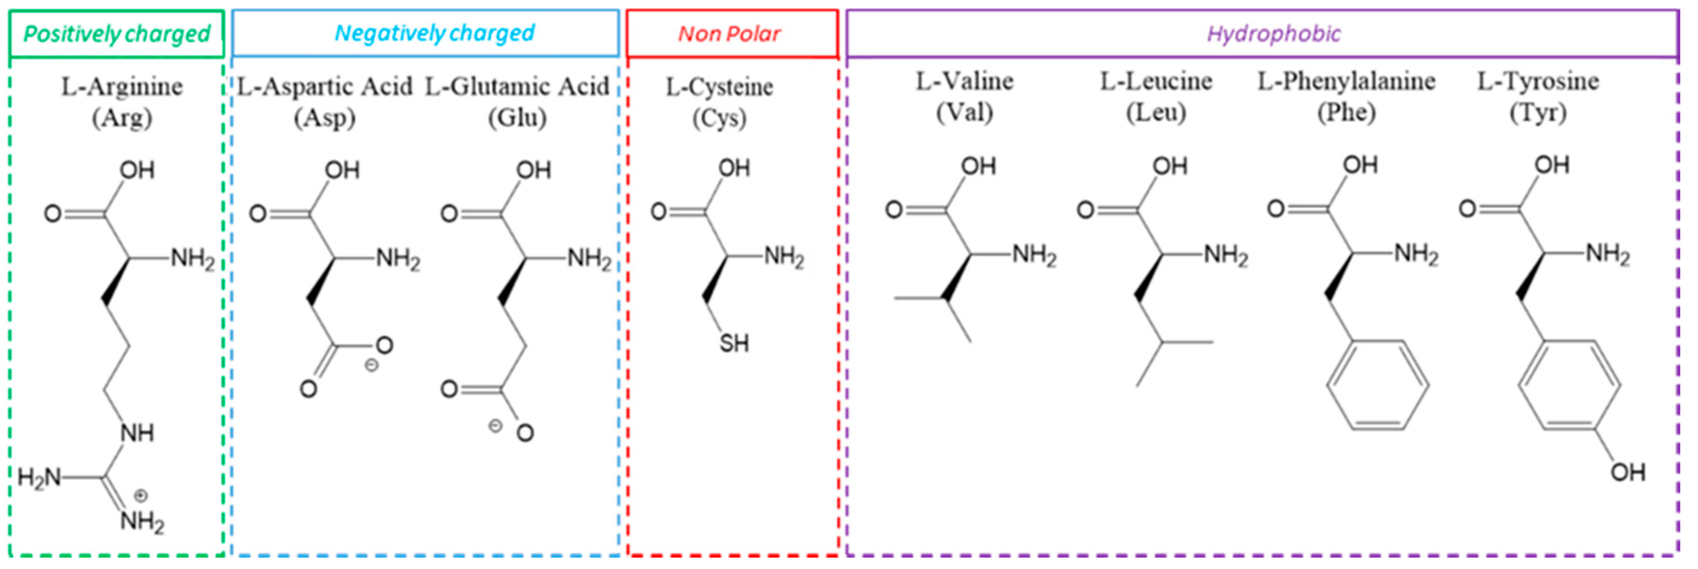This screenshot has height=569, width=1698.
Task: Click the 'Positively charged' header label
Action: point(116,34)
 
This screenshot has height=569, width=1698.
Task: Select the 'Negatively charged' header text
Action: point(434,33)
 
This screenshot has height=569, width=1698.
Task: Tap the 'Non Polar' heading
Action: point(729,34)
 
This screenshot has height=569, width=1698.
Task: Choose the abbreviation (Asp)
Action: point(324,118)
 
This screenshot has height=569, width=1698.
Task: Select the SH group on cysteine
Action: point(734,344)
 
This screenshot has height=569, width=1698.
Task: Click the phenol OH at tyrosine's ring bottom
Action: point(1627,472)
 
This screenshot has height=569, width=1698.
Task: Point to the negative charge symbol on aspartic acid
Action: point(371,365)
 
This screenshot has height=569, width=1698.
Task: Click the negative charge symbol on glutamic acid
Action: point(495,426)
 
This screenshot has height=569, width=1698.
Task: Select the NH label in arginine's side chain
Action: point(137,433)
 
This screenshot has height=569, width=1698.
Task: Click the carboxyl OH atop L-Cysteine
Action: point(734,168)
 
